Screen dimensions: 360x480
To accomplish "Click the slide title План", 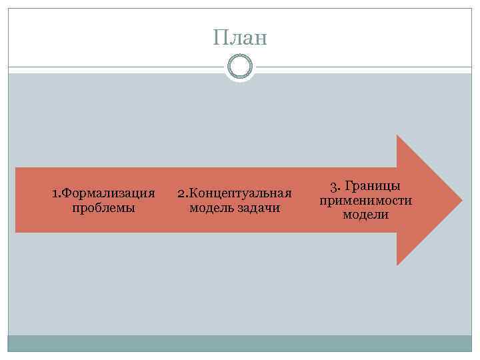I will [x=240, y=37].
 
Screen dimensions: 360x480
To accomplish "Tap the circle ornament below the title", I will [x=240, y=67].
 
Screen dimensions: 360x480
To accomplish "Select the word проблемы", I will [x=103, y=208].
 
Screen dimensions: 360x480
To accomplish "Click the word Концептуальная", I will [x=241, y=193].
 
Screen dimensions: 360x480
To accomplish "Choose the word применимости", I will [x=365, y=200].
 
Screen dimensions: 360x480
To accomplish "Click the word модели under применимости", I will [x=365, y=215].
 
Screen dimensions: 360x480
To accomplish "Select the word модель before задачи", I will [x=212, y=208].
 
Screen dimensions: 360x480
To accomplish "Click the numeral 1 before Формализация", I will [x=55, y=193].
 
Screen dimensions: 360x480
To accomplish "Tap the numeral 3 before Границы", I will [x=333, y=186].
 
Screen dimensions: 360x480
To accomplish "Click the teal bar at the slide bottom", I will [x=240, y=343].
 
